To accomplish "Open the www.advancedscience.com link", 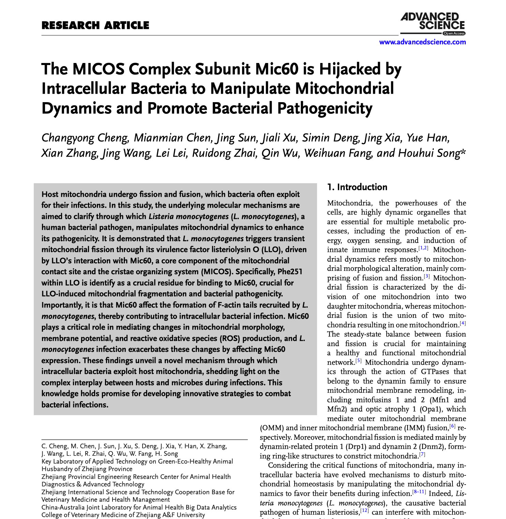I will click(422, 42).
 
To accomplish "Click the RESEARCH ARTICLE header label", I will click(95, 26).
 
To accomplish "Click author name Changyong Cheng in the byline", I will click(85, 138).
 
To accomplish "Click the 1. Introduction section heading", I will click(357, 187).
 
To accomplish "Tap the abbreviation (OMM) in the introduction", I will click(271, 428).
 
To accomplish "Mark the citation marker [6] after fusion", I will click(452, 426).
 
